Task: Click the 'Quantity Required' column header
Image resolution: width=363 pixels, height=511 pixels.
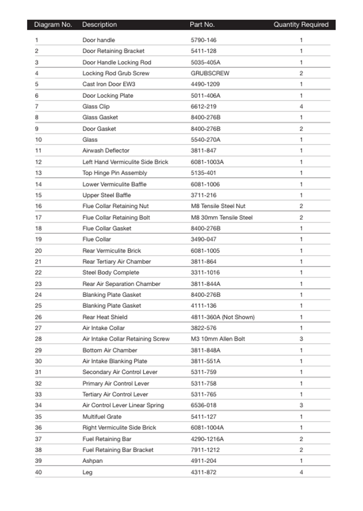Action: coord(300,24)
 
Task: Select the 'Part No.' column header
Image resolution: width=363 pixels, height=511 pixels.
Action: coord(202,24)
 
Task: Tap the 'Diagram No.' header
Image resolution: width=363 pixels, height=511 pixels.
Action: coord(53,24)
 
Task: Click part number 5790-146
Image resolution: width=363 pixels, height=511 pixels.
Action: coord(204,40)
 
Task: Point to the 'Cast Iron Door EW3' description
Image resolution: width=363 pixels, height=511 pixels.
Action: coord(109,84)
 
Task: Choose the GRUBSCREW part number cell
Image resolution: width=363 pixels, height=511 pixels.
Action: coord(208,73)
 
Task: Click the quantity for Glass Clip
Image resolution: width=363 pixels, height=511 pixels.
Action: coord(301,107)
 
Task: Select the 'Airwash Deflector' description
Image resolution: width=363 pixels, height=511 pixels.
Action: coord(106,151)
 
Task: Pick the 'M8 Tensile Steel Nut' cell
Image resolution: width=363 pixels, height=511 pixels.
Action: coord(218,206)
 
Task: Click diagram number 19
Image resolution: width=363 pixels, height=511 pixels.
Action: coord(38,240)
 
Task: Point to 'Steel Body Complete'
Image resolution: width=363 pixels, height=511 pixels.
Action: coord(111,273)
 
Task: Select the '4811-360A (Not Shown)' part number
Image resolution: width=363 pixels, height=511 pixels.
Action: coord(223,317)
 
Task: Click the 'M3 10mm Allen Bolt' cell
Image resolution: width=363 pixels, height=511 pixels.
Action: coord(218,339)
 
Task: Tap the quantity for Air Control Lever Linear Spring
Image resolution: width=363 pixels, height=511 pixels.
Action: coord(301,406)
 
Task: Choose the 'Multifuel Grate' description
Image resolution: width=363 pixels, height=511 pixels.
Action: coord(102,416)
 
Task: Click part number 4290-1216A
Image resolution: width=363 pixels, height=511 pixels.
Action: coord(207,439)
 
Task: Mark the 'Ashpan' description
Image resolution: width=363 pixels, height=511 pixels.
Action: coord(92,461)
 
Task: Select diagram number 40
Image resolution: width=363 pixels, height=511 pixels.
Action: coord(38,472)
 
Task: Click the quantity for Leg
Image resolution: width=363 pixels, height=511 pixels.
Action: coord(301,472)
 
